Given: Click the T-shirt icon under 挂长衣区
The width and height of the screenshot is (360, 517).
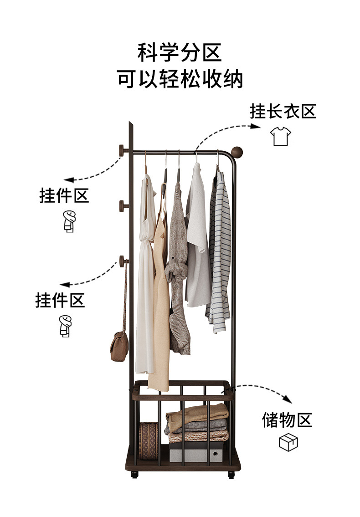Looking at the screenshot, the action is (x=281, y=136).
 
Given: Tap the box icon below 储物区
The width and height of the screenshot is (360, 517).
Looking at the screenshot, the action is (x=288, y=442).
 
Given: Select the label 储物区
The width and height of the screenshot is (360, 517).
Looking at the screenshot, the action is (x=287, y=420).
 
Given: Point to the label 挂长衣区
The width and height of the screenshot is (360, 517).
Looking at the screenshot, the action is (x=283, y=111).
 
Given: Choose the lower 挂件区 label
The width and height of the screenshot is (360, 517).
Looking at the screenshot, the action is (x=60, y=300).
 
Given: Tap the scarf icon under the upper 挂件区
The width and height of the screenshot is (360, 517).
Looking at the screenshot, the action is (x=69, y=222).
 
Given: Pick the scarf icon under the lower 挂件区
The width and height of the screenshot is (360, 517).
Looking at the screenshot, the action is (x=65, y=326).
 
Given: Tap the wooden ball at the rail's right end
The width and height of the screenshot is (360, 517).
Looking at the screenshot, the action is (x=237, y=152).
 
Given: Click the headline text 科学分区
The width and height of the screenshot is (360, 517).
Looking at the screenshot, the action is (x=180, y=53).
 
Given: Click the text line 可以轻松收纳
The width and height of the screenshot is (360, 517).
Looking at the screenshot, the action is (x=180, y=79).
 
